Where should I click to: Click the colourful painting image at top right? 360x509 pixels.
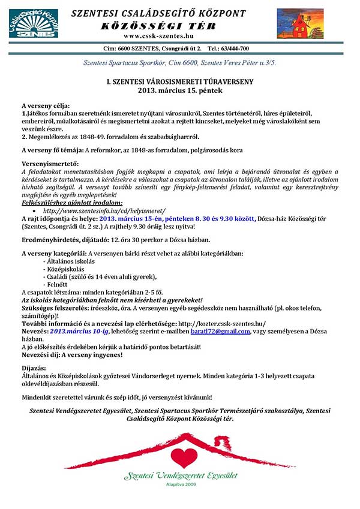[299, 23]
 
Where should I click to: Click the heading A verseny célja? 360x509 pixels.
[46, 105]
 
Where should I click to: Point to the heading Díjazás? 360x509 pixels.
[35, 367]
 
